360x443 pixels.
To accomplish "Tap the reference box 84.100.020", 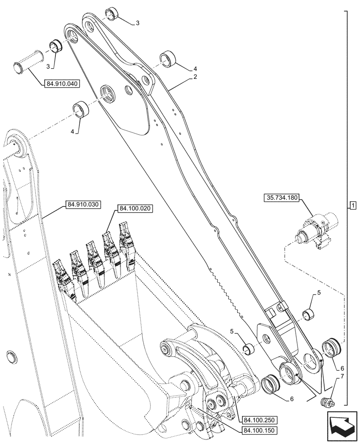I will coord(135,208).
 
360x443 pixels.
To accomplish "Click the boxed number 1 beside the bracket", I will coord(352,205).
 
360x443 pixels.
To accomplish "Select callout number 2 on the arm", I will coord(195,77).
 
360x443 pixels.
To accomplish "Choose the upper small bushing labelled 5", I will coord(309,313).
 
